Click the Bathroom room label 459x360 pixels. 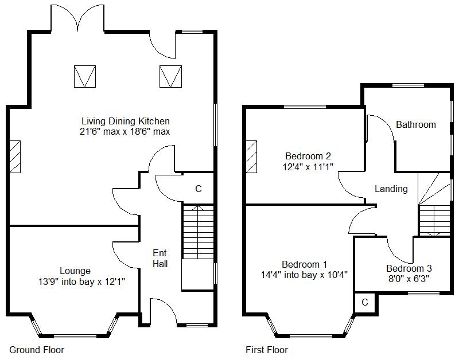point(415,124)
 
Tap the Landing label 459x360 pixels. point(391,189)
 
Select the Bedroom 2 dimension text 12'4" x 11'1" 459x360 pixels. point(308,167)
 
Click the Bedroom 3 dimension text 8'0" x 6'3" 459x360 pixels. point(409,279)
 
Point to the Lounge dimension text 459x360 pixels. point(81,281)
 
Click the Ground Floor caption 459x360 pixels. point(37,350)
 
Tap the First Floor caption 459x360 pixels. point(267,350)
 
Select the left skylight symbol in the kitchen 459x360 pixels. point(85,76)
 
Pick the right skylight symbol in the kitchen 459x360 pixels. point(170,76)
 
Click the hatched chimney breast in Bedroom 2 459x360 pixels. point(251,156)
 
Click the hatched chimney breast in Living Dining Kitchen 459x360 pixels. point(15,156)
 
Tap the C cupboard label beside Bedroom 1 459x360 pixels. point(365,302)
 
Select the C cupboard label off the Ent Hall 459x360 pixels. point(199,189)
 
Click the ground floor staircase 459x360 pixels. point(198,232)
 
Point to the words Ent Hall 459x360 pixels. point(160,258)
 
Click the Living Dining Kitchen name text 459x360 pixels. point(126,121)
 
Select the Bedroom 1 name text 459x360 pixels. point(305,264)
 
